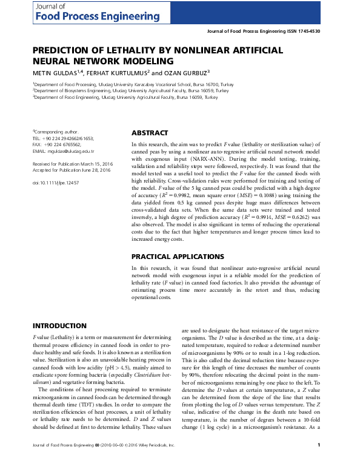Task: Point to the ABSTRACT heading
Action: tap(150, 133)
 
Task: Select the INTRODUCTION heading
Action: tap(59, 326)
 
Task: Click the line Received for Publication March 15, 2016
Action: tap(72, 164)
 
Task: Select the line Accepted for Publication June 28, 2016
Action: tap(72, 170)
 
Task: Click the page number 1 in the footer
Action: tap(319, 463)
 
